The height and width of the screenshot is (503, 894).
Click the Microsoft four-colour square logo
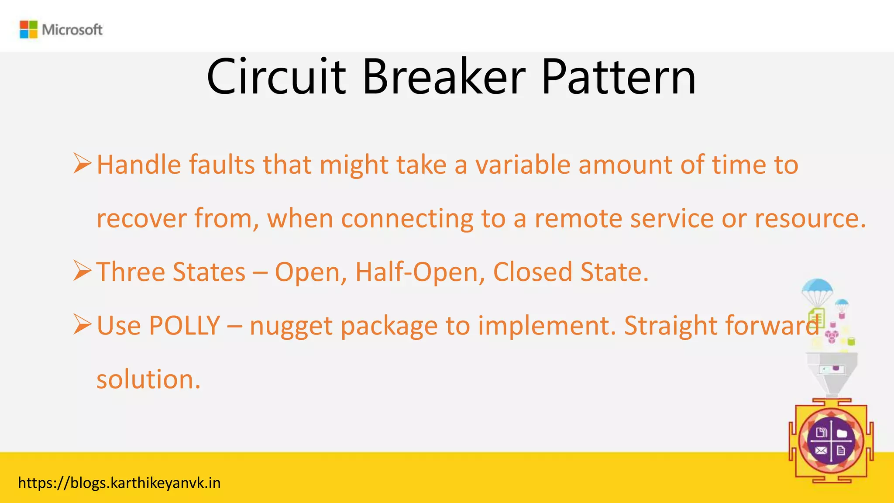pos(29,30)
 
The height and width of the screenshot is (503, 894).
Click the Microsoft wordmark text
pos(72,30)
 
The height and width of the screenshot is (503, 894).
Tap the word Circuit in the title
pos(276,78)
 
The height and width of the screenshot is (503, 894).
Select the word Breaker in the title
pos(444,78)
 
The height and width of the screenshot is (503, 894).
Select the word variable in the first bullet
pos(523,165)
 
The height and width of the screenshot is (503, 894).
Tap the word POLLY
pos(184,326)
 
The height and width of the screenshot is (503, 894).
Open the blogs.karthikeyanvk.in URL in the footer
pos(119,483)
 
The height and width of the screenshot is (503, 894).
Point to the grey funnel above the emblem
pos(831,371)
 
